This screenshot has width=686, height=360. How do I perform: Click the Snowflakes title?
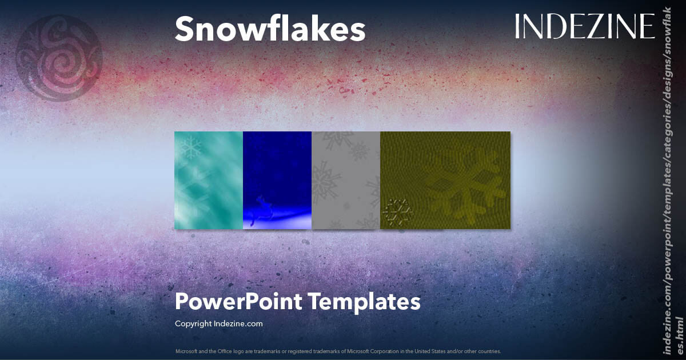270,29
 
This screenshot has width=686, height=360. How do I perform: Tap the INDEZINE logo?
584,27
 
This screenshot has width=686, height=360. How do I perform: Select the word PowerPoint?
239,301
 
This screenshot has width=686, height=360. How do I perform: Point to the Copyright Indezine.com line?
218,323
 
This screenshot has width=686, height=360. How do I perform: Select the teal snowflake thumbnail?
209,180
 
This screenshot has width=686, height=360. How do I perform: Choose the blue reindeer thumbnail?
277,180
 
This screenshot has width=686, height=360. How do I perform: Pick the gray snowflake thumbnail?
346,180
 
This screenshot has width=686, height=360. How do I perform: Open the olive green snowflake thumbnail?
445,180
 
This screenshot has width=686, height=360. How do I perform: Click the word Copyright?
193,323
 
